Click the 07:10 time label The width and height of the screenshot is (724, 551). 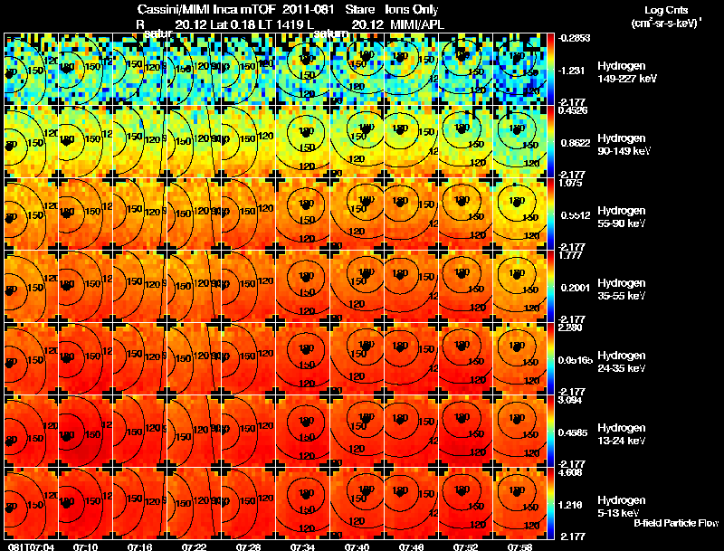(86, 546)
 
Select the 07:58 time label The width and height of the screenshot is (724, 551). (519, 546)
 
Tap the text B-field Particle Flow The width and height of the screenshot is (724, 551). (676, 523)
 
